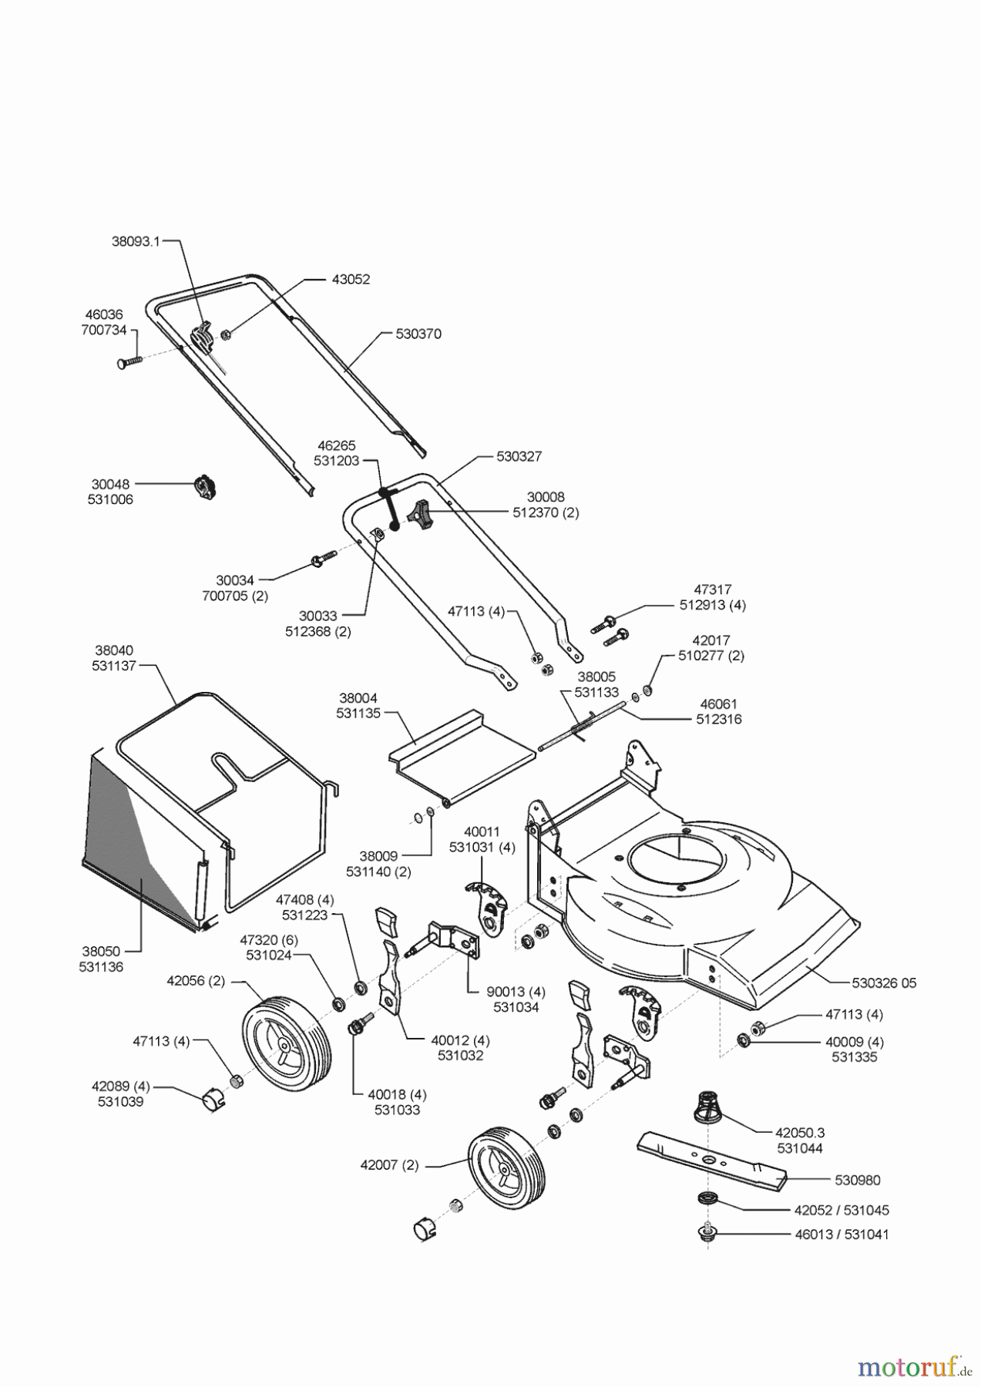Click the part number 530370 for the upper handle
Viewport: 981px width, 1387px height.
tap(418, 334)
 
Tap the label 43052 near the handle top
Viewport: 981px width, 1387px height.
tap(351, 279)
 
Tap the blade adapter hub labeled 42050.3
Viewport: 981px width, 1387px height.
tap(709, 1110)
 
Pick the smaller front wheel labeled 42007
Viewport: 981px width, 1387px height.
tap(506, 1177)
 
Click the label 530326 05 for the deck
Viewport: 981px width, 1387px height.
tap(884, 983)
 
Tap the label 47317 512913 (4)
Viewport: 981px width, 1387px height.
tap(712, 597)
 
